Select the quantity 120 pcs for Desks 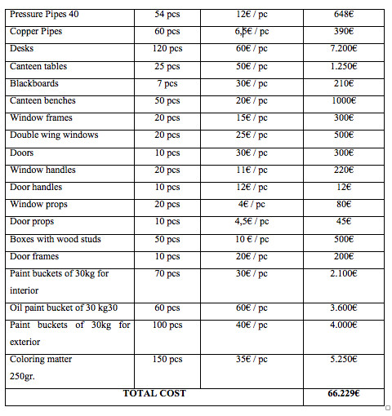pyautogui.click(x=167, y=48)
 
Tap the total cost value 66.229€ pyautogui.click(x=344, y=393)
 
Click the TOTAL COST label pyautogui.click(x=154, y=393)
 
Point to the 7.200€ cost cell pyautogui.click(x=344, y=48)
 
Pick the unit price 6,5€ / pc pyautogui.click(x=252, y=31)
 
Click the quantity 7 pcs pyautogui.click(x=167, y=83)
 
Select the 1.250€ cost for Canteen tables pyautogui.click(x=344, y=66)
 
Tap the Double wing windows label pyautogui.click(x=54, y=135)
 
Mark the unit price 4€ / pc pyautogui.click(x=252, y=205)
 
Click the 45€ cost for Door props pyautogui.click(x=344, y=222)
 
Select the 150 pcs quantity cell pyautogui.click(x=167, y=360)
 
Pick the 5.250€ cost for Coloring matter pyautogui.click(x=344, y=360)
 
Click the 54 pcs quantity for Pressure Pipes pyautogui.click(x=167, y=14)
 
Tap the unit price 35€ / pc pyautogui.click(x=252, y=360)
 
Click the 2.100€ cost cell pyautogui.click(x=344, y=274)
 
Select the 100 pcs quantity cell pyautogui.click(x=167, y=325)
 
